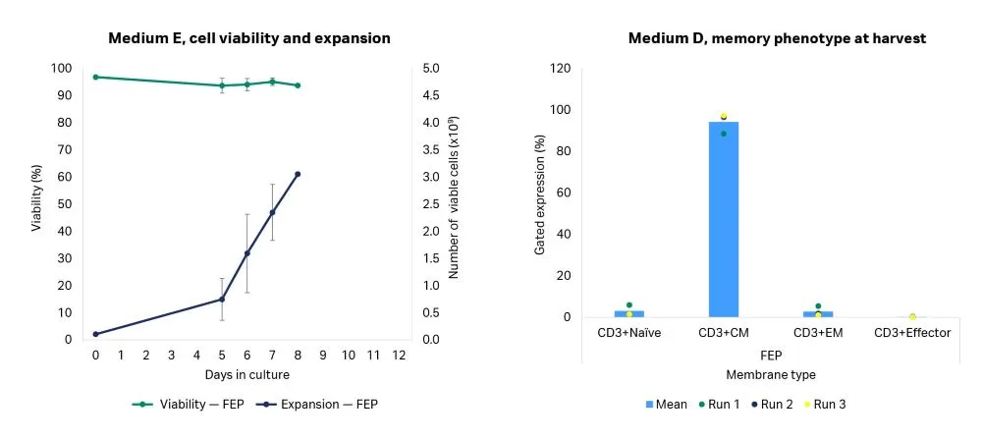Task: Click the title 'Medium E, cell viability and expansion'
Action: (x=249, y=38)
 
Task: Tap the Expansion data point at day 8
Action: (x=298, y=174)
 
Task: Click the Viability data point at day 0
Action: (x=95, y=77)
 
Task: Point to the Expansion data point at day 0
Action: (x=95, y=334)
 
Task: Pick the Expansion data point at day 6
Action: (x=247, y=253)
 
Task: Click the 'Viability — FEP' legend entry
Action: (x=187, y=404)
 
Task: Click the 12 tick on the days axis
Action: (x=399, y=355)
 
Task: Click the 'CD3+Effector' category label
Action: (x=912, y=333)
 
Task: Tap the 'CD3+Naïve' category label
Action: (x=629, y=333)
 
